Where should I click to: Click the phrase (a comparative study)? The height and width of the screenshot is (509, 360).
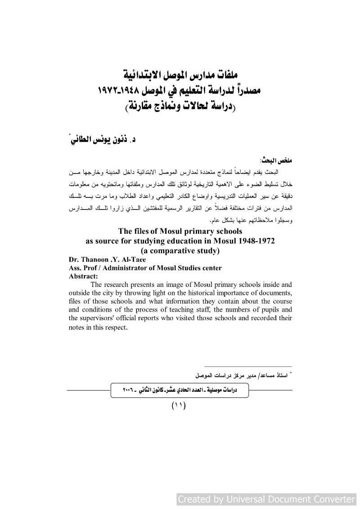[x=180, y=250]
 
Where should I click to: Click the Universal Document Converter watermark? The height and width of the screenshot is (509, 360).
[x=266, y=499]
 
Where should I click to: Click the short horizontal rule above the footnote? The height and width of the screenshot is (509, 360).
[x=248, y=366]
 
